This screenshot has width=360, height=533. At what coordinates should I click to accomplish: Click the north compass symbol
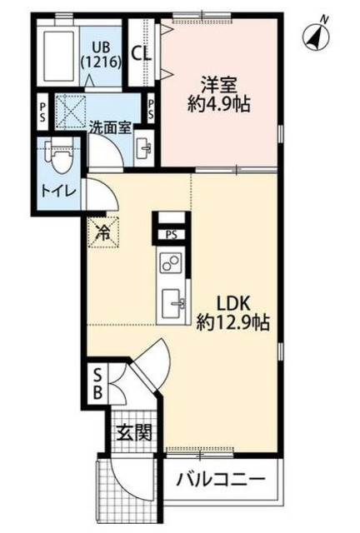(x=317, y=34)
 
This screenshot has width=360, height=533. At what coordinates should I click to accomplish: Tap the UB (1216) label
(x=102, y=52)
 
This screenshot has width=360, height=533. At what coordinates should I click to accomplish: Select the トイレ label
(x=57, y=191)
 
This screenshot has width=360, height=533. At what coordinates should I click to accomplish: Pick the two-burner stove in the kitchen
(x=170, y=264)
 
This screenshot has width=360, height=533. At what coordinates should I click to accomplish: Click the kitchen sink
(x=174, y=299)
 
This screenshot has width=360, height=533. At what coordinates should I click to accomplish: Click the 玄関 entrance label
(x=133, y=432)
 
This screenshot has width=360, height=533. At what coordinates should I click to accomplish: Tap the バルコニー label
(x=221, y=481)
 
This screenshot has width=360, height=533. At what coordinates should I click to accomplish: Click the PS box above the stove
(x=171, y=234)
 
